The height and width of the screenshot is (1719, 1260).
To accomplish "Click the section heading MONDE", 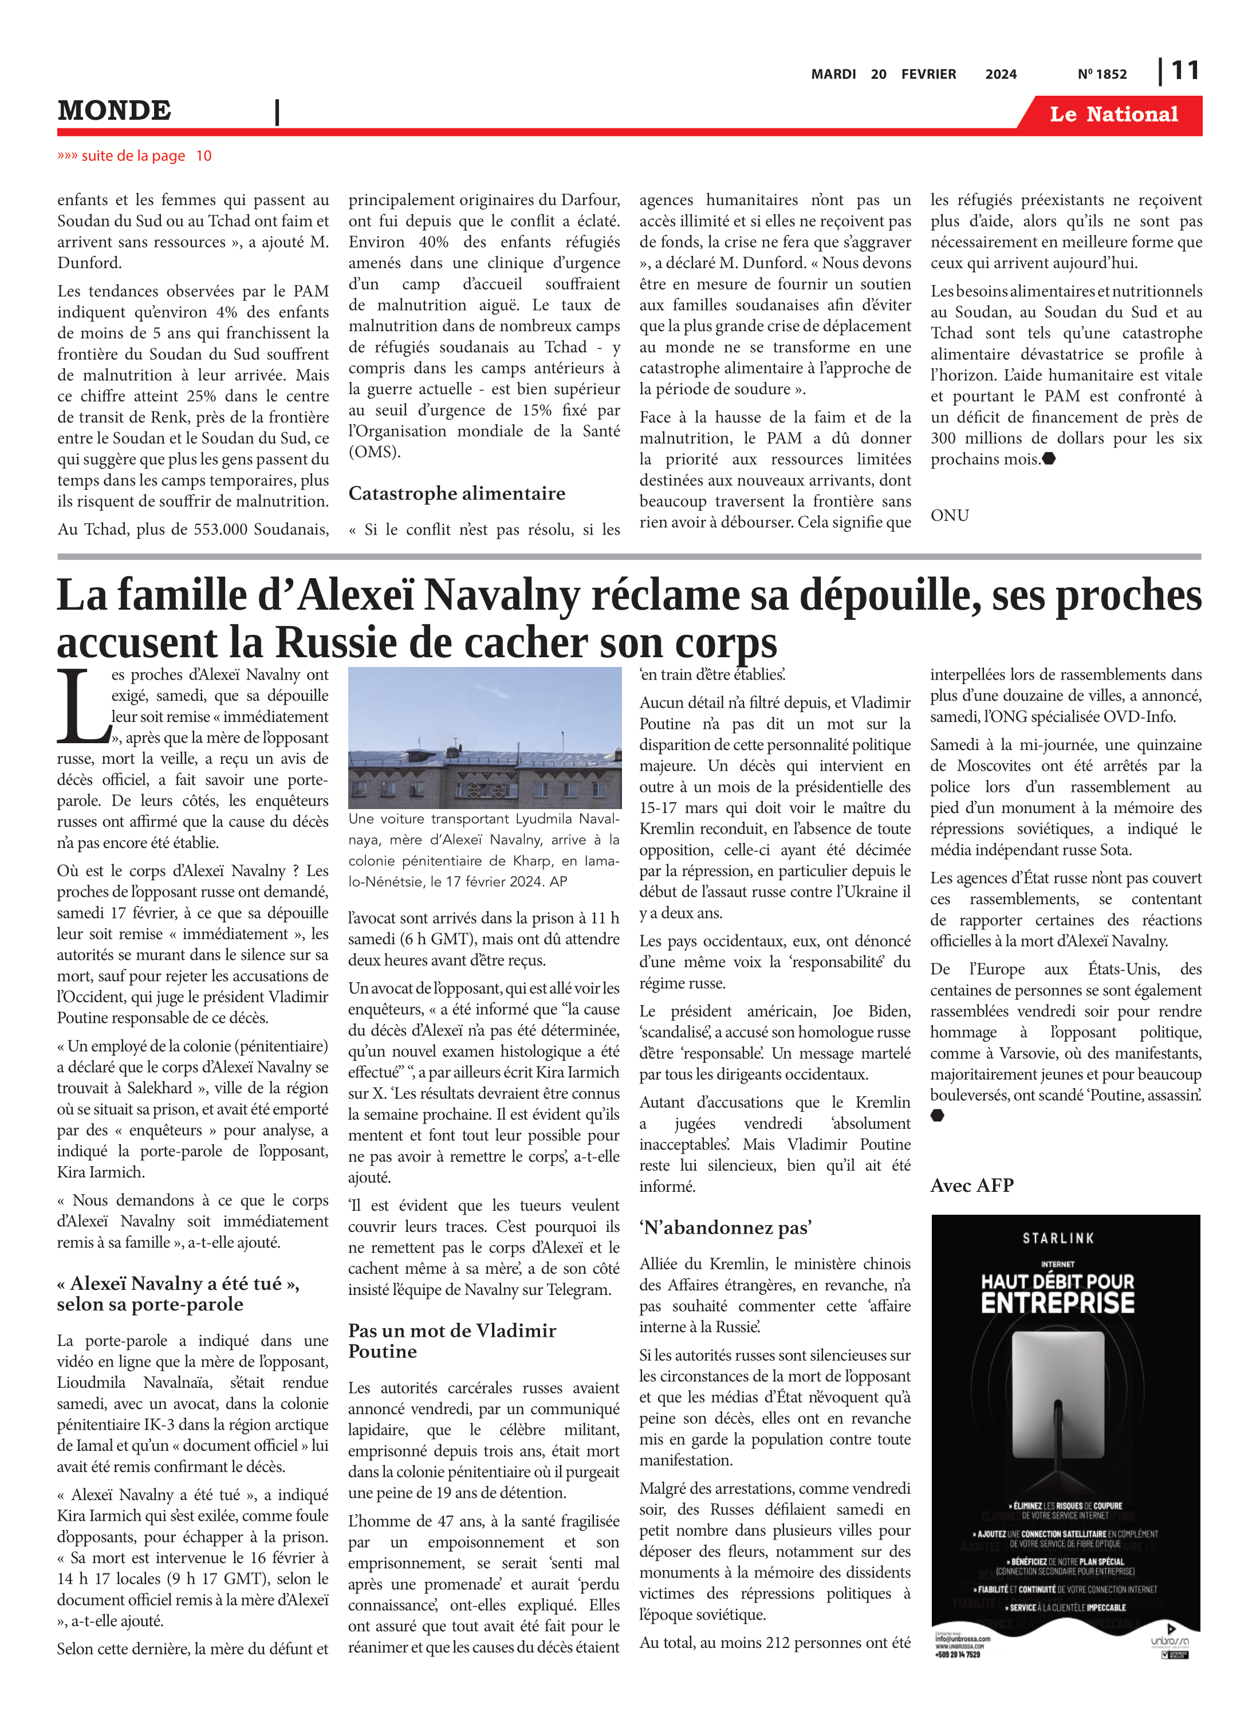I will point(115,111).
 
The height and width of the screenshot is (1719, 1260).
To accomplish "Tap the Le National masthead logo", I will point(1113,115).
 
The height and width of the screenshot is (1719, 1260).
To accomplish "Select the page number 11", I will point(1184,71).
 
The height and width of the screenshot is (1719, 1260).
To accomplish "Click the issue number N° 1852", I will point(1101,74).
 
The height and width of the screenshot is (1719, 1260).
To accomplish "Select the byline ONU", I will point(950,516).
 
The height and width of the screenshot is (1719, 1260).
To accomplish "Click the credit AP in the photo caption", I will point(558,881).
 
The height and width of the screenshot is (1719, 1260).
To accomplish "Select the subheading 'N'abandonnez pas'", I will point(724,1227).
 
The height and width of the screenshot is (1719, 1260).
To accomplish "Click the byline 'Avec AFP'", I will point(972,1185).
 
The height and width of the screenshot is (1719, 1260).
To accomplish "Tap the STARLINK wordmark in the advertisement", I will point(1058,1238).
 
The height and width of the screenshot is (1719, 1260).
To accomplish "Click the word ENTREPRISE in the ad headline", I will point(1058,1303).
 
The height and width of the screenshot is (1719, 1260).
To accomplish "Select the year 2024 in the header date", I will point(1001,74).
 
